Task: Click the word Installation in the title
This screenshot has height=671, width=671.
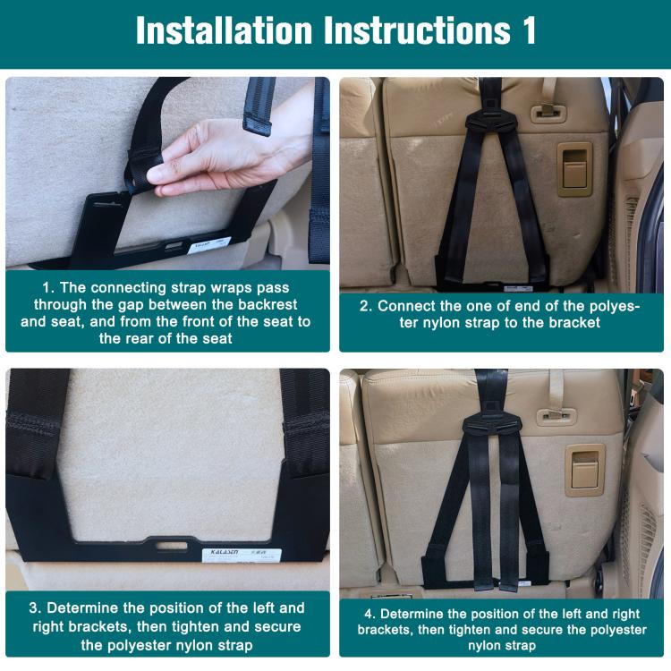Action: (x=225, y=30)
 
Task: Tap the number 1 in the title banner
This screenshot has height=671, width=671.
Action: (x=527, y=30)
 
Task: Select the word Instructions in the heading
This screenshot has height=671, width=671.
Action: (x=416, y=30)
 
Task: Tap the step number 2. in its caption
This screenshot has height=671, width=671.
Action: (x=366, y=305)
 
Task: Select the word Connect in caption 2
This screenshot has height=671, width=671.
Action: (x=409, y=305)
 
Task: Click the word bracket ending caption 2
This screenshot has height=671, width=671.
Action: (x=573, y=323)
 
